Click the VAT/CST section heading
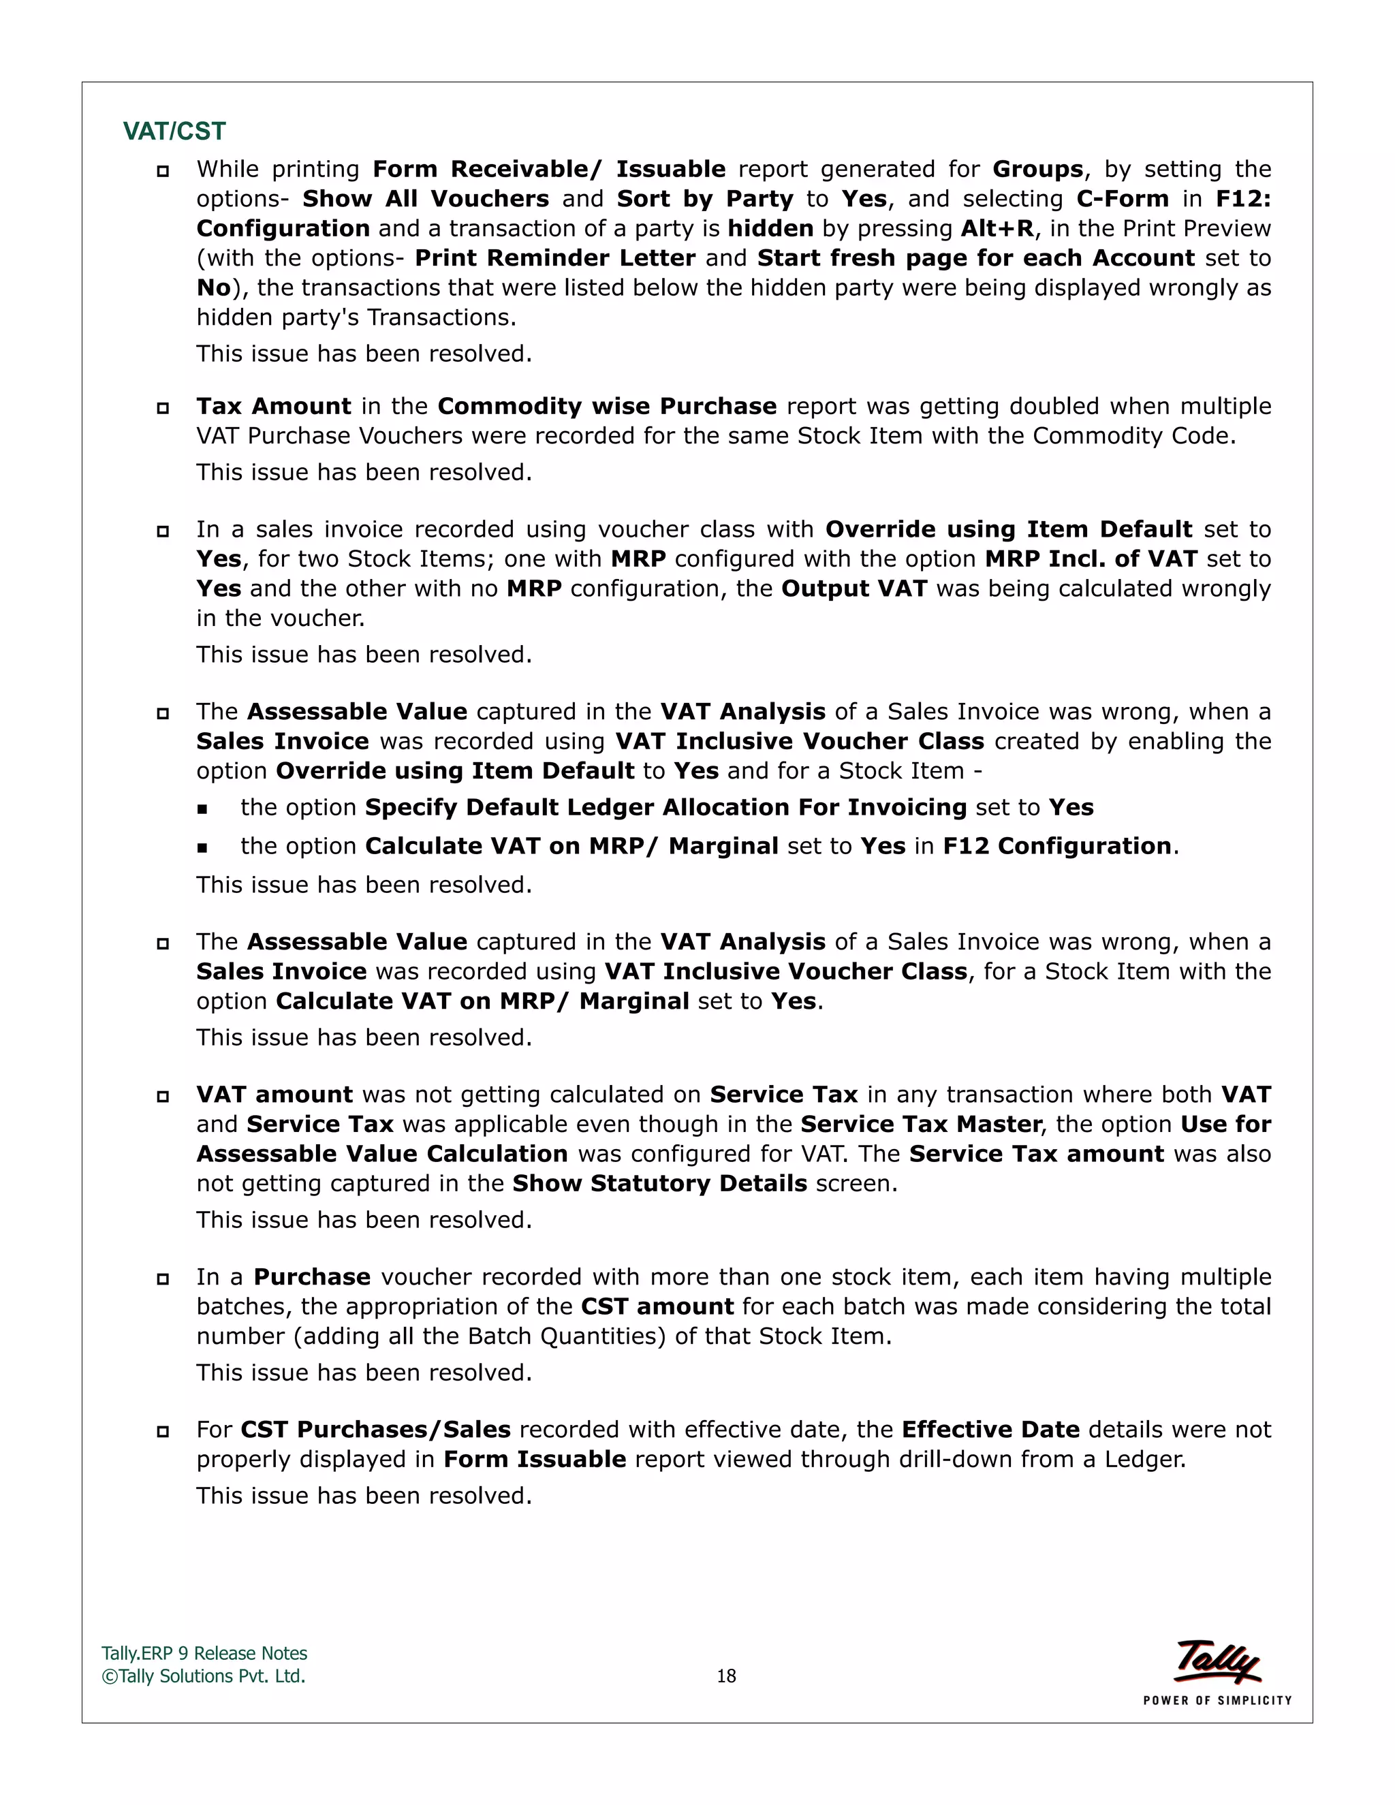click(x=174, y=131)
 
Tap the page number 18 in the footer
click(x=725, y=1676)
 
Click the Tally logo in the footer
click(x=1217, y=1661)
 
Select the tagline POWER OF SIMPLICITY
click(x=1217, y=1700)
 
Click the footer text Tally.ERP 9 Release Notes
click(x=204, y=1653)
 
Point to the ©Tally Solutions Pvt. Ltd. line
click(x=203, y=1676)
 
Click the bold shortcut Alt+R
click(x=997, y=228)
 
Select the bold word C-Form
click(x=1123, y=198)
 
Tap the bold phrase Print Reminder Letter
click(x=554, y=258)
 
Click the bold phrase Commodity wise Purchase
click(x=607, y=406)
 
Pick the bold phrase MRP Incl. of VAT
click(x=1091, y=559)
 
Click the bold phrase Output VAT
click(x=853, y=588)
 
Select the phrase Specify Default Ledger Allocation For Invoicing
click(x=665, y=806)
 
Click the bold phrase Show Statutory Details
click(x=659, y=1184)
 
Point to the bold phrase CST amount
click(x=657, y=1306)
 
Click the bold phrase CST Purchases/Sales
click(x=375, y=1429)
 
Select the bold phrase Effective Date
click(x=990, y=1429)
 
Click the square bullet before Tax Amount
click(x=163, y=407)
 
